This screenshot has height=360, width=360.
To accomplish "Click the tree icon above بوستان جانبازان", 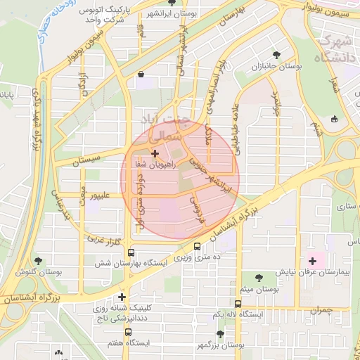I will [276, 54].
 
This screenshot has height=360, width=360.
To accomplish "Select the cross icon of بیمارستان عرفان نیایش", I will [312, 261].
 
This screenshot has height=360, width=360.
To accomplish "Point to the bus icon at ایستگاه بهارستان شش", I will [130, 252].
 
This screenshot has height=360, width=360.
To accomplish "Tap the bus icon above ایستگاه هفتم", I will [128, 331].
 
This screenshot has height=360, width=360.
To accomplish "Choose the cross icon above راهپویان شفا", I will [155, 153].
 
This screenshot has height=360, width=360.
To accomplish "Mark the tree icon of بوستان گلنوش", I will [38, 261].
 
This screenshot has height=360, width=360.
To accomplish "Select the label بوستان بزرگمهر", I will [219, 345].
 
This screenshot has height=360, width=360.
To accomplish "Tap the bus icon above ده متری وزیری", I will [197, 247].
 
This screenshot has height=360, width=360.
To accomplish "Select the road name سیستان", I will [88, 160].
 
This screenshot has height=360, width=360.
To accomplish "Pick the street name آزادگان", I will [84, 83].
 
